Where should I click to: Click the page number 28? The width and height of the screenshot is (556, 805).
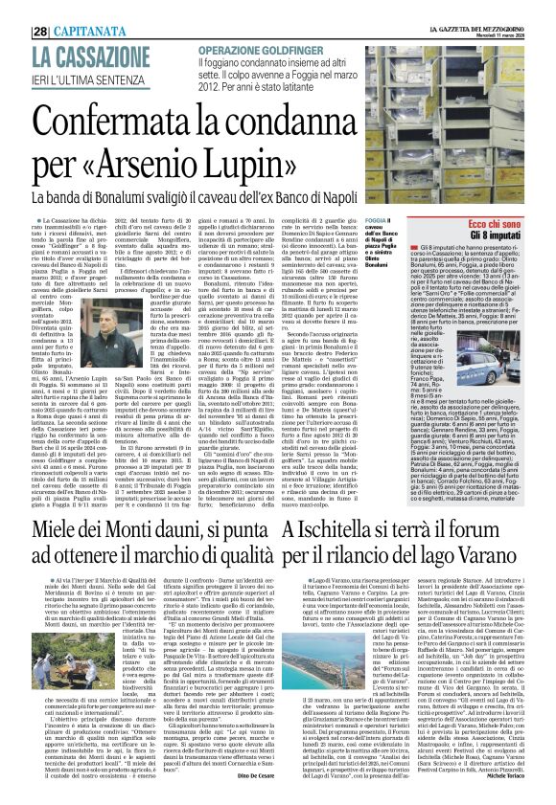[41, 7]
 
